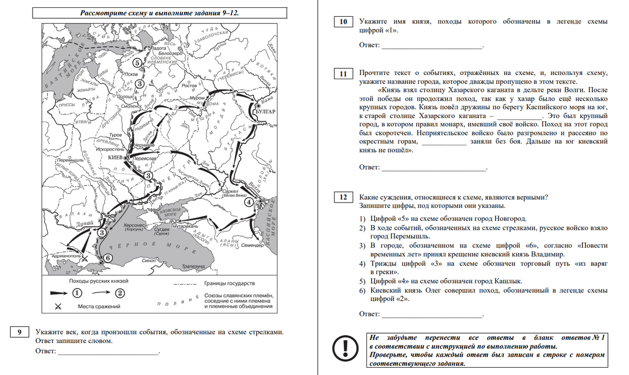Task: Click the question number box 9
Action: point(19,331)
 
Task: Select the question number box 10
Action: point(343,22)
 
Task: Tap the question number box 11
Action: point(343,74)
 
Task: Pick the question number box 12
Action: point(343,198)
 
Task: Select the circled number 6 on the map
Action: point(107,258)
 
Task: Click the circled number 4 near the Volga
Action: point(248,201)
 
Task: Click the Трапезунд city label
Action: point(192,266)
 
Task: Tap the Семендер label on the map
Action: point(252,245)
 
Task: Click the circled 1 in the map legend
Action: point(77,292)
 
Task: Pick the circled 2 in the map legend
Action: point(120,292)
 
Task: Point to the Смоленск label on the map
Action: point(129,105)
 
